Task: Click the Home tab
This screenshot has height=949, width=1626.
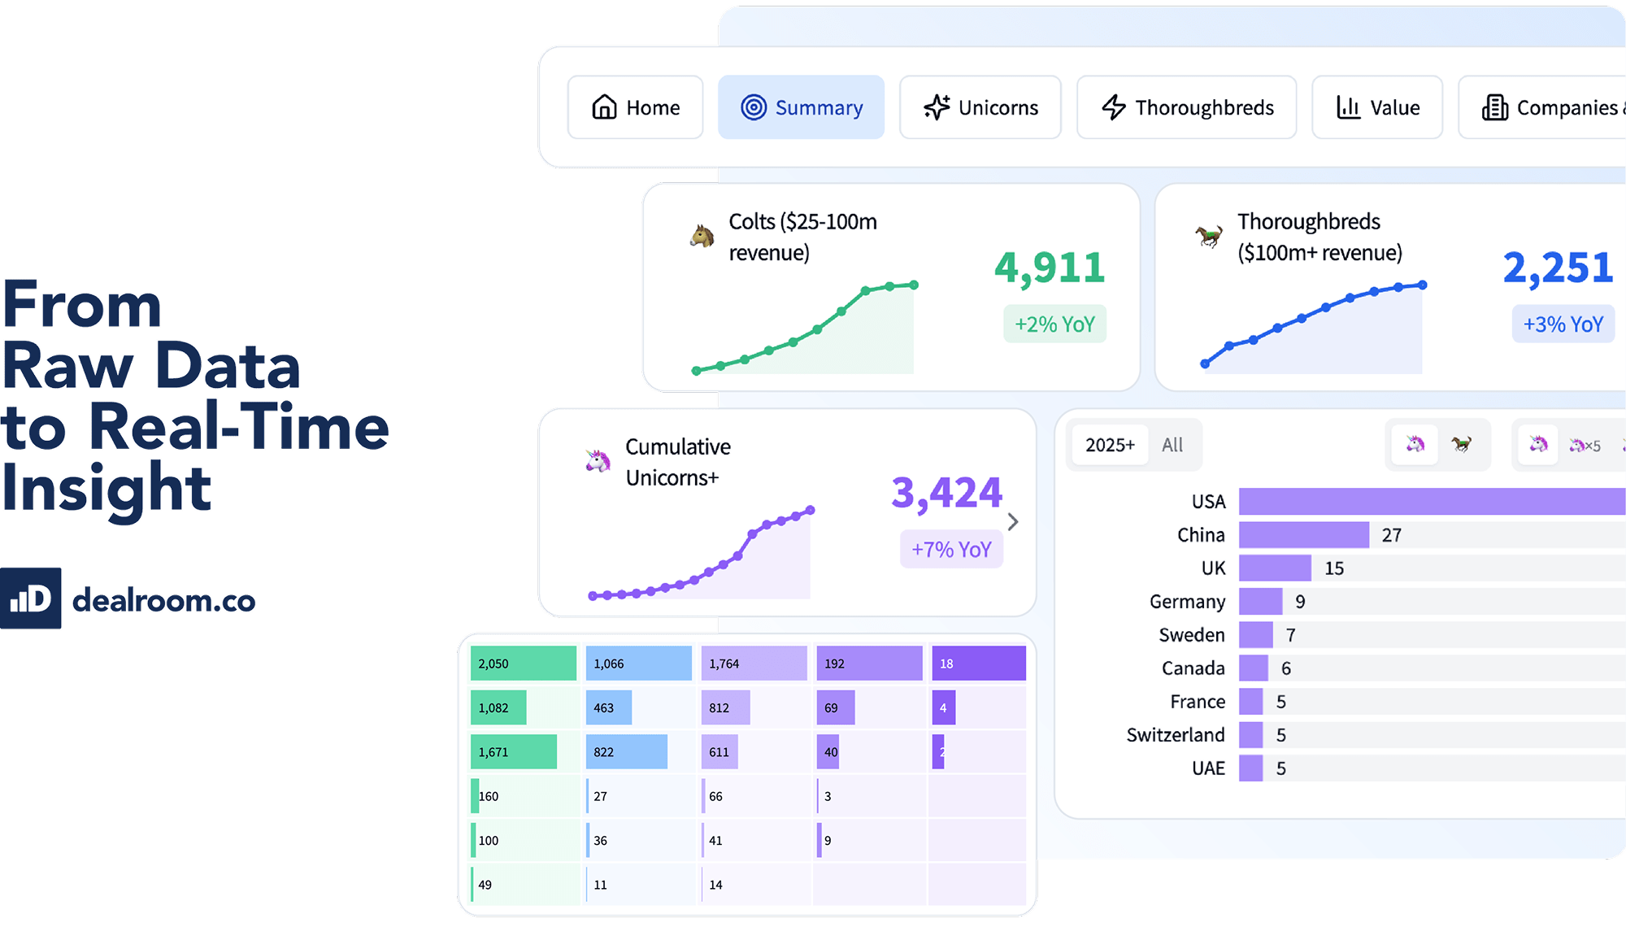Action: click(x=635, y=107)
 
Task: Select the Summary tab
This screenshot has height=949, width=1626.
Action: click(x=801, y=107)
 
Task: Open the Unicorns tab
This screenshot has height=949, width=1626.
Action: click(x=980, y=107)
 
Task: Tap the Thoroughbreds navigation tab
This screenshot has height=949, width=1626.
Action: click(x=1186, y=107)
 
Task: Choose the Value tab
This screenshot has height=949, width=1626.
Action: click(x=1377, y=107)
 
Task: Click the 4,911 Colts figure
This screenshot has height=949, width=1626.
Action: click(x=1050, y=268)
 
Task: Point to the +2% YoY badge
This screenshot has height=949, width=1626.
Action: click(x=1054, y=324)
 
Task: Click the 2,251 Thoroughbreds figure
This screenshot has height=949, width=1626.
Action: click(x=1558, y=268)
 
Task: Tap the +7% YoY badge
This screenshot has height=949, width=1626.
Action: click(x=951, y=550)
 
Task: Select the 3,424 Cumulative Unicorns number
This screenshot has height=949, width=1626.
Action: click(x=947, y=493)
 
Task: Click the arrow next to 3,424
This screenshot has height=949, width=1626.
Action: click(x=1013, y=522)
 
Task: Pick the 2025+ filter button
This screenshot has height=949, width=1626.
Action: click(x=1110, y=445)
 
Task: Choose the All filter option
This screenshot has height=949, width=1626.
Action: click(x=1172, y=445)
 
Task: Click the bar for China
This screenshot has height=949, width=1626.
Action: click(x=1303, y=535)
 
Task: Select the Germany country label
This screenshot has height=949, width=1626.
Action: click(x=1187, y=602)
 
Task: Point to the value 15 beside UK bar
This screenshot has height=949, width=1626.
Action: click(x=1334, y=568)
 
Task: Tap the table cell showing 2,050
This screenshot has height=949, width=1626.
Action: click(x=523, y=664)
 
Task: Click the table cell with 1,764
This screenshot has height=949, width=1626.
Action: click(x=753, y=664)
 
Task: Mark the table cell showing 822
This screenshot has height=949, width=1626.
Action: click(x=626, y=752)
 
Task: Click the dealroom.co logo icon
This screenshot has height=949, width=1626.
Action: click(x=31, y=599)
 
